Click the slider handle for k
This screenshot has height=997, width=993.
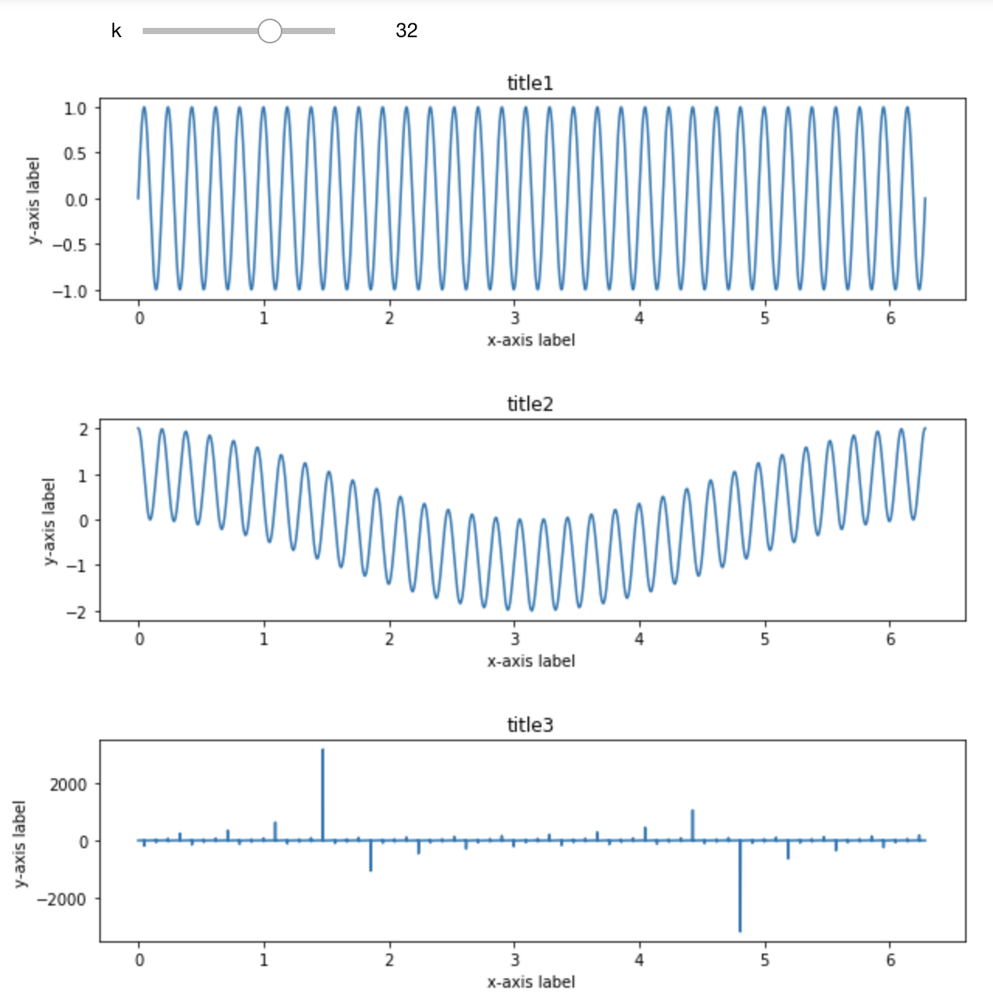(269, 31)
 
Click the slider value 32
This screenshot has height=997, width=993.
(407, 30)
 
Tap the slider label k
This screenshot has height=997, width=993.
(116, 30)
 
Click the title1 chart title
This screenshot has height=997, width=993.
(530, 83)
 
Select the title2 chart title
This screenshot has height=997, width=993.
(530, 404)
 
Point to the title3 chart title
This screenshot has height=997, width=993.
(530, 725)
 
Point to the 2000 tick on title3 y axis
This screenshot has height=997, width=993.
(68, 785)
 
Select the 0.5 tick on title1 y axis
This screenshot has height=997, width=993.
(75, 154)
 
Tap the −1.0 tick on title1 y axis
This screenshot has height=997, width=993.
(70, 292)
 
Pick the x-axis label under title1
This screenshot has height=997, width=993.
(531, 340)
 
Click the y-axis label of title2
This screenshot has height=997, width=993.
(49, 521)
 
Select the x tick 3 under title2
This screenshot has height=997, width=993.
(514, 639)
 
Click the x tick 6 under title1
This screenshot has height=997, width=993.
(890, 318)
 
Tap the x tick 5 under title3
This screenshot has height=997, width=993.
(765, 960)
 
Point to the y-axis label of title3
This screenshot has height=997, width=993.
(20, 843)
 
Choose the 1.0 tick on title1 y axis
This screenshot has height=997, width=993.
(75, 109)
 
